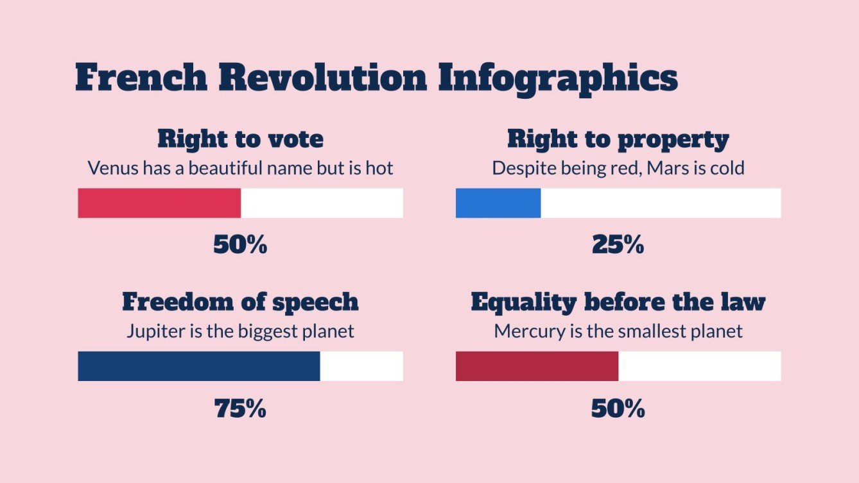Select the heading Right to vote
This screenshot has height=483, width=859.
click(240, 139)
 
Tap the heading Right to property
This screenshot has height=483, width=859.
click(618, 139)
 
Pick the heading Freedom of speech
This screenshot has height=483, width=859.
click(240, 302)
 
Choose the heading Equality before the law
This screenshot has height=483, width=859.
click(618, 302)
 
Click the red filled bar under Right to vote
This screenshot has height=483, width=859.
click(159, 203)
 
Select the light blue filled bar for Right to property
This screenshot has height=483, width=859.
click(498, 203)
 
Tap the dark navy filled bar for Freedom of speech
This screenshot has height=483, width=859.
click(199, 366)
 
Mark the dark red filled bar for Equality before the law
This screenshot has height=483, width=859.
click(537, 366)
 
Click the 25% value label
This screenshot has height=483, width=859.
click(618, 244)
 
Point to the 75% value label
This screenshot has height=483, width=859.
click(240, 409)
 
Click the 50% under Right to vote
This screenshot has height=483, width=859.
click(240, 244)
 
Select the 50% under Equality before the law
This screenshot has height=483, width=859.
click(618, 409)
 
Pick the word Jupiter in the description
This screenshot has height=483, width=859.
click(151, 332)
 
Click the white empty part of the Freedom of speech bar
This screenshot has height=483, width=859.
click(361, 366)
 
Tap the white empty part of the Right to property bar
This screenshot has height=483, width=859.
click(661, 203)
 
